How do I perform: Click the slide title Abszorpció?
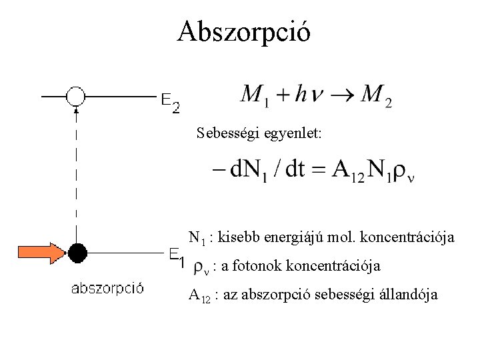point(243,31)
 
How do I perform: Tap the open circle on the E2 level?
point(76,97)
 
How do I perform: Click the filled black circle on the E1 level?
point(77,253)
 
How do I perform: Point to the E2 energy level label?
point(170,102)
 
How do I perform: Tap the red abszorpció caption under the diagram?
point(107,289)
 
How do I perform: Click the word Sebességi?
point(227,134)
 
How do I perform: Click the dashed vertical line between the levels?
point(77,173)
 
